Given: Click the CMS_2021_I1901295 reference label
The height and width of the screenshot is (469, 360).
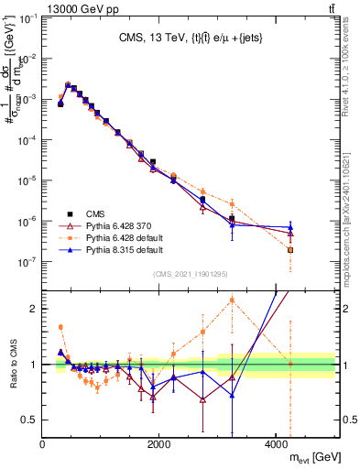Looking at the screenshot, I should pos(190,274).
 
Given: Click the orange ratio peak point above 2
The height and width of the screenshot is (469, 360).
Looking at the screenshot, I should pos(232,300).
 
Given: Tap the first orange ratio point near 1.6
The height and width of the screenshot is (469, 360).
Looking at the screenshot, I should pos(60,327).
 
